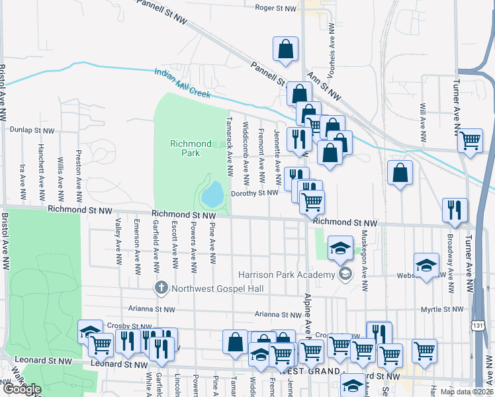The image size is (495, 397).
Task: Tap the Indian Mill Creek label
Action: coord(183,85)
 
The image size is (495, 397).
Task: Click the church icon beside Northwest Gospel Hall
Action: coord(160,288)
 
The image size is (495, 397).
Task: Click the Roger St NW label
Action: coord(277,8)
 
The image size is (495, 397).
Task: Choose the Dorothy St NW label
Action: coord(254,193)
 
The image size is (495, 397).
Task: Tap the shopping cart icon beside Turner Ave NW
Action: coord(470,140)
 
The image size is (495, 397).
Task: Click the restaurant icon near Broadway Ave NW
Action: coord(455,210)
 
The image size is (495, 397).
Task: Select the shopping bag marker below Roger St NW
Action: coord(285,49)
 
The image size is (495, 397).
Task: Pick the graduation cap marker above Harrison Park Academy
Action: coord(340,248)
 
